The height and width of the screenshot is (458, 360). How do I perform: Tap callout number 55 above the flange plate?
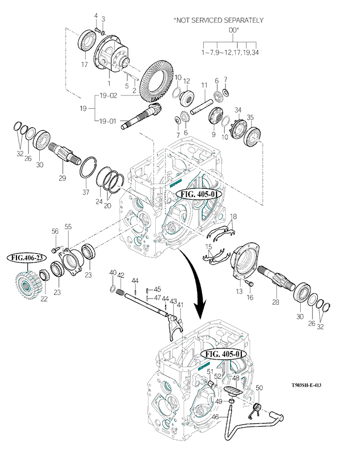point(68,226)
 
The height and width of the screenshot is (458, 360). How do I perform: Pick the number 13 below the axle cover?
point(239,291)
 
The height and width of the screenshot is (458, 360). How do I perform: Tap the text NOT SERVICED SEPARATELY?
point(219,20)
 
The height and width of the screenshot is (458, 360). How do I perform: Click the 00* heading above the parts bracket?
point(234,30)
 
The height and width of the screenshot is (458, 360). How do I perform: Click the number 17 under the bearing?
point(84,64)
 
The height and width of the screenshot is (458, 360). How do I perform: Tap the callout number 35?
point(251,118)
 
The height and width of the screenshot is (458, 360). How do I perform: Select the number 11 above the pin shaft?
point(204,85)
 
